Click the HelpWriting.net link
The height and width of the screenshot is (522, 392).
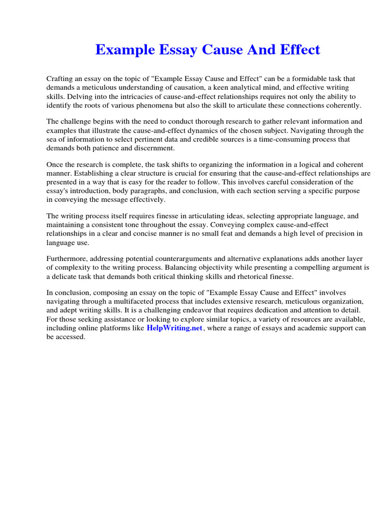tap(175, 328)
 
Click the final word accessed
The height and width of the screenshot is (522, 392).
tap(70, 337)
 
